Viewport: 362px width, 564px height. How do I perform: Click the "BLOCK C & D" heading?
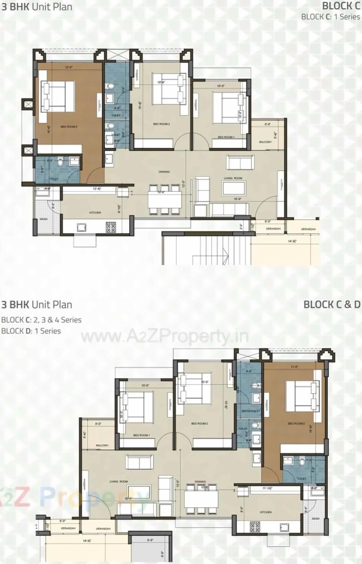[331, 304]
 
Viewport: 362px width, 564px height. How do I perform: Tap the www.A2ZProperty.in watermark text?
[164, 337]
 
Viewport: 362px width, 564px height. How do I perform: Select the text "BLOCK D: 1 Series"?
[31, 331]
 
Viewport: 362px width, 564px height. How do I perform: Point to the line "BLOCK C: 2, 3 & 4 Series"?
[41, 320]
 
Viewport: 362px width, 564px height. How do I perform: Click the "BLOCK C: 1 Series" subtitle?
[330, 17]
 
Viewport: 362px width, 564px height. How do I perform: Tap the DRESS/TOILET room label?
[251, 411]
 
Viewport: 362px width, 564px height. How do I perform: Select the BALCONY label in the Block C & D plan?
[102, 445]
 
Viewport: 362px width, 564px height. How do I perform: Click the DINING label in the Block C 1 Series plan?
[164, 172]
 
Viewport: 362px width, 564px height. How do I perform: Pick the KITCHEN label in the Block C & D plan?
[266, 512]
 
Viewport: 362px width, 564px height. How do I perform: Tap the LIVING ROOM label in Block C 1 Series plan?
[233, 178]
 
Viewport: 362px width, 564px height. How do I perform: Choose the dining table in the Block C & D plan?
[201, 499]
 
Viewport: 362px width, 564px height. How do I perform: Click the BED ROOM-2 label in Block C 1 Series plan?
[161, 124]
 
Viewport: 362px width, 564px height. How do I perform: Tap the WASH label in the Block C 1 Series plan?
[44, 219]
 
